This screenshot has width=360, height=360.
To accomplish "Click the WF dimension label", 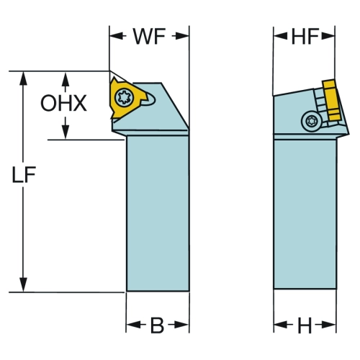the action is [149, 37].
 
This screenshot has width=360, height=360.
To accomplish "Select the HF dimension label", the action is [305, 37].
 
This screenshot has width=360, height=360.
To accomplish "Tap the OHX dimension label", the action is [63, 103].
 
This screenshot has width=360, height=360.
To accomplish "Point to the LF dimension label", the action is [24, 174].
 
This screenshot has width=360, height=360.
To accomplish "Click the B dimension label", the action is [157, 325].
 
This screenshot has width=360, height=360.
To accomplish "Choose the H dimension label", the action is [305, 325].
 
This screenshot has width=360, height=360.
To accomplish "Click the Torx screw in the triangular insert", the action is [123, 97].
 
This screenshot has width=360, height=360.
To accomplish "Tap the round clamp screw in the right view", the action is [312, 121].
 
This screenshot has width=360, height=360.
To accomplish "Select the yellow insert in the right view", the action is [332, 100].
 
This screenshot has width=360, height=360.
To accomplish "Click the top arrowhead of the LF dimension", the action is [23, 78].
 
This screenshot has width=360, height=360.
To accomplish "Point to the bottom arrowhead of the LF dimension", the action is [23, 285].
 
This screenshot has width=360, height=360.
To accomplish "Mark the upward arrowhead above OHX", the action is [66, 78].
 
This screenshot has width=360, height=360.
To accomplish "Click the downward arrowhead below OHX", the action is [66, 132].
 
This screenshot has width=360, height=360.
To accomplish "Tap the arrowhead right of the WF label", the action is [182, 36].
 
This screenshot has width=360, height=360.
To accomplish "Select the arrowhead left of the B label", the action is [133, 325].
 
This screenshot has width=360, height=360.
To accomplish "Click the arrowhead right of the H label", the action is [329, 325].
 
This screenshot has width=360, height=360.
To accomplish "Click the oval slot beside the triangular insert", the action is [149, 99].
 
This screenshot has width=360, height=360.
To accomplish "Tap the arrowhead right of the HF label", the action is [328, 36].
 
